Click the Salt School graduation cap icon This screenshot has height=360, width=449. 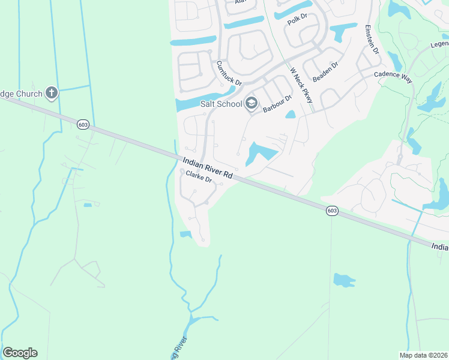[251, 104]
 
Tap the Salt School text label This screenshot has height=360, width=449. [221, 104]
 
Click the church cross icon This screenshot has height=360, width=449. [52, 93]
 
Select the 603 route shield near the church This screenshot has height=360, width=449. [83, 124]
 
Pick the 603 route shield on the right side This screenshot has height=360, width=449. [332, 211]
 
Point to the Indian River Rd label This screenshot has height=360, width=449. [208, 166]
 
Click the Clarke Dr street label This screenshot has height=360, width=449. [200, 177]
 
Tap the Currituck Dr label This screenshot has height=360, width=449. [229, 73]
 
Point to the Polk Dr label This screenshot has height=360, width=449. [297, 20]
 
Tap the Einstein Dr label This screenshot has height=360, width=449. [372, 40]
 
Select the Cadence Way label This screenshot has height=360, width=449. [393, 74]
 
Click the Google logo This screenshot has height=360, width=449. [20, 353]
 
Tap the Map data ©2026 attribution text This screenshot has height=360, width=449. [423, 355]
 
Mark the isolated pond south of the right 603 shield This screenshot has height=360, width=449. [343, 280]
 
